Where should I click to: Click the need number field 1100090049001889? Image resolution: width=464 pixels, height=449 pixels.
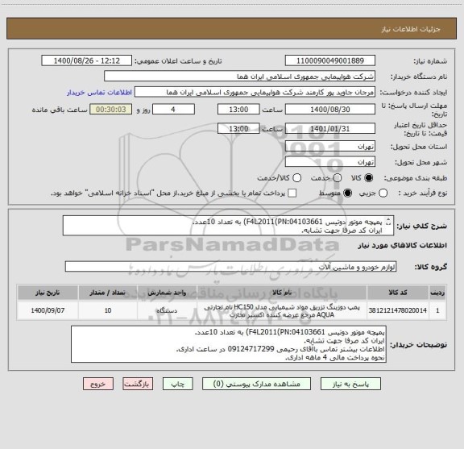coord(331,60)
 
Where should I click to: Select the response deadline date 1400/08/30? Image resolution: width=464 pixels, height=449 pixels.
coord(331,109)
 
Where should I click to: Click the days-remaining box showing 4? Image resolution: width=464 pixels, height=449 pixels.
coord(173,109)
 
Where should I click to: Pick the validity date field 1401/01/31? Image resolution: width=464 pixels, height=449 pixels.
coord(331,128)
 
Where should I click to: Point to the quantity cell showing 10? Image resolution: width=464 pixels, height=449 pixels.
coord(109,309)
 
